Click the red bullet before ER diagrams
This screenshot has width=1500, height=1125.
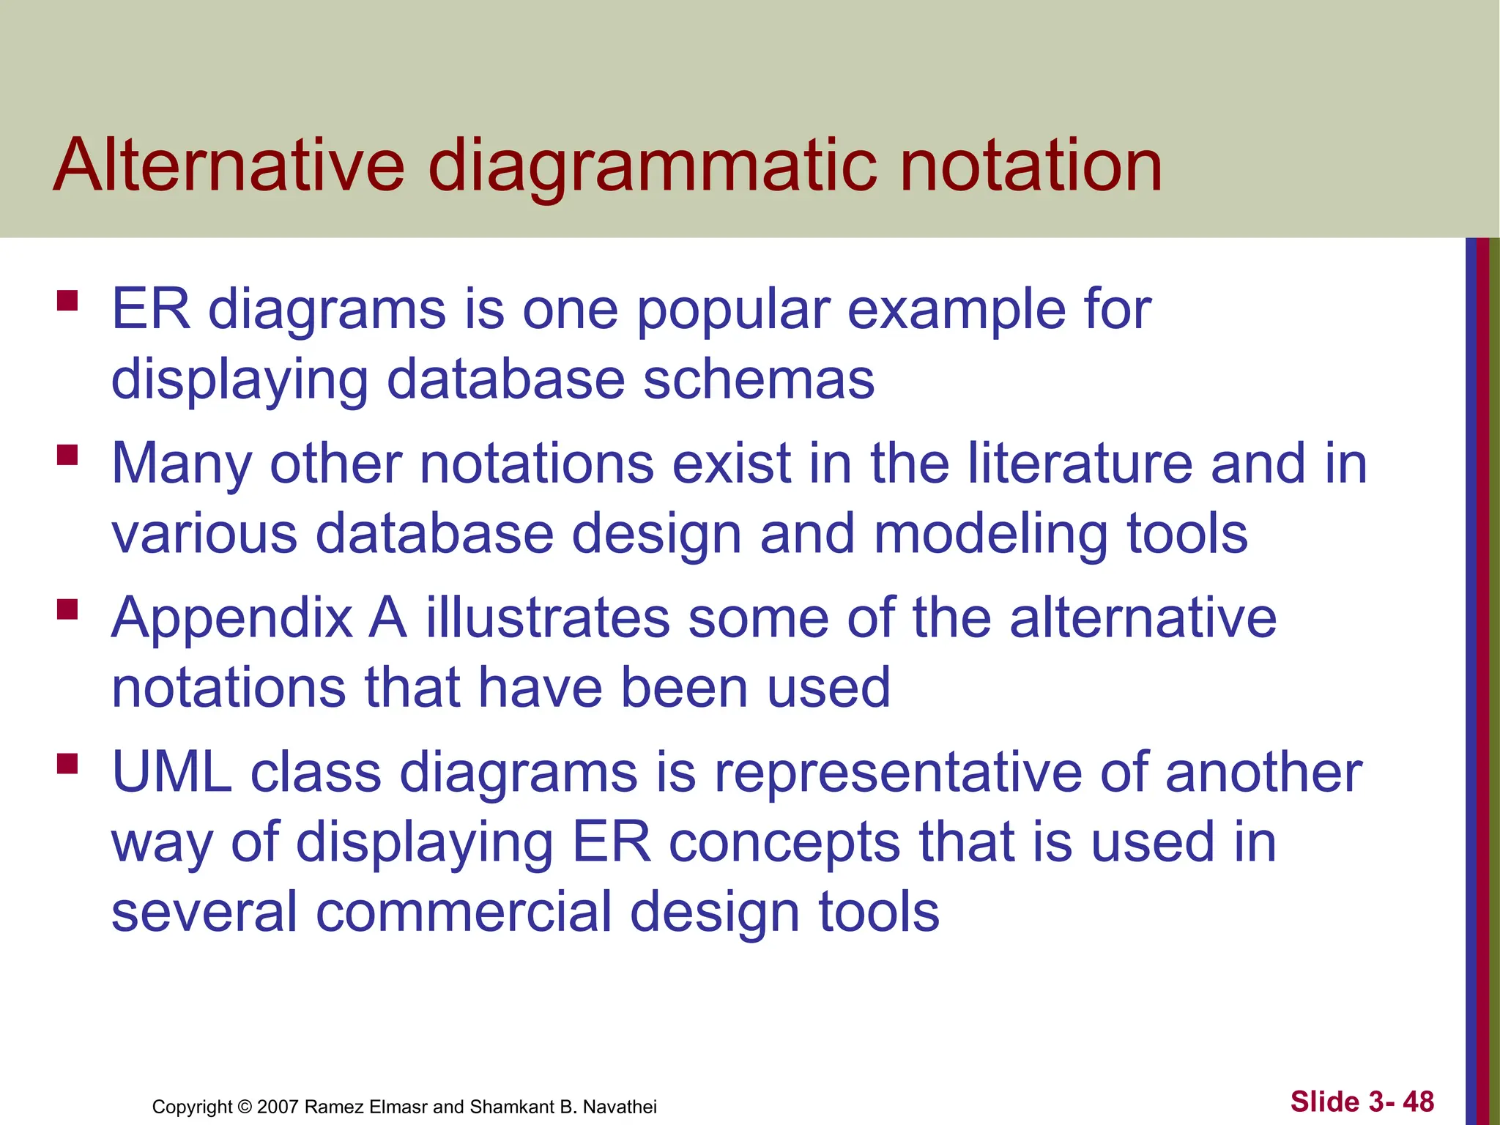tap(67, 301)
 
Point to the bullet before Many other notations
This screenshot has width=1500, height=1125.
tap(67, 456)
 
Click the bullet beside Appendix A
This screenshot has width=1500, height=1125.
tap(67, 609)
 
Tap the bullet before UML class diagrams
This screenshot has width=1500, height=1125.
tap(67, 764)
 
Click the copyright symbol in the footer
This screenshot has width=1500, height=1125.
tap(245, 1107)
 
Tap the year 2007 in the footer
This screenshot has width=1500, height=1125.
tap(278, 1107)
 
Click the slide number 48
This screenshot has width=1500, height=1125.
tap(1418, 1102)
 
